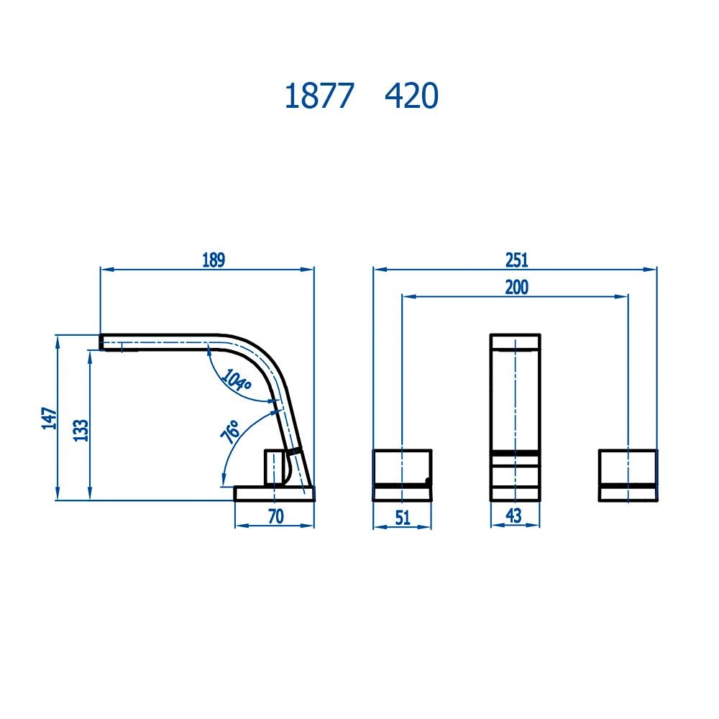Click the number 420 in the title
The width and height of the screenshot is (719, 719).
pos(411,96)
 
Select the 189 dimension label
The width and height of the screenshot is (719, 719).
pos(214,260)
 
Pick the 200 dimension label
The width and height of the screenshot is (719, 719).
pos(516,287)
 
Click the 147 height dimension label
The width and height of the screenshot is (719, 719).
pos(48,418)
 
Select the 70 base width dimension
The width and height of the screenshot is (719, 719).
pos(275,516)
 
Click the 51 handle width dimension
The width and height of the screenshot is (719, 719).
pos(403,517)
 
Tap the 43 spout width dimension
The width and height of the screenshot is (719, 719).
pos(513,516)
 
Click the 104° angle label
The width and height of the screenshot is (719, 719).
pos(236,380)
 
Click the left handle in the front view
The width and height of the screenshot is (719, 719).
pos(403,474)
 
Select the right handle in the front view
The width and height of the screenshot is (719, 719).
pos(628,474)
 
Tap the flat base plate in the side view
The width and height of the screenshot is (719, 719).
pos(275,493)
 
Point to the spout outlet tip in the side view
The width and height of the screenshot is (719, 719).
pos(108,343)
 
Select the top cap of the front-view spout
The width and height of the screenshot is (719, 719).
pos(515,341)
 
